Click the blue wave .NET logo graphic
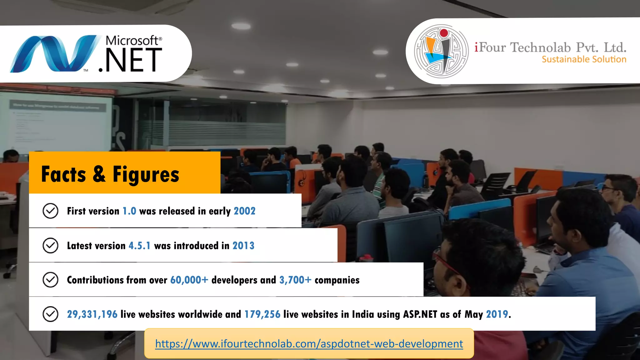53,53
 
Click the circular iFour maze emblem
441,51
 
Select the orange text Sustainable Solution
584,59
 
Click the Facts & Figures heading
110,174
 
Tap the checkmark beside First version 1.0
50,211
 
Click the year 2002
244,211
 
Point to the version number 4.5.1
139,246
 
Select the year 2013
243,246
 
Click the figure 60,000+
189,280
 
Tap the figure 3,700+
295,280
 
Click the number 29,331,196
92,314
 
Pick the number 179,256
262,314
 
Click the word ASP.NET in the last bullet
420,314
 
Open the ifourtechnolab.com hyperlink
309,343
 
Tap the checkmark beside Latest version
50,245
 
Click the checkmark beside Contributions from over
50,280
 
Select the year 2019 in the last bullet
497,314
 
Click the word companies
337,280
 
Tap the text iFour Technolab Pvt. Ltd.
550,47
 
